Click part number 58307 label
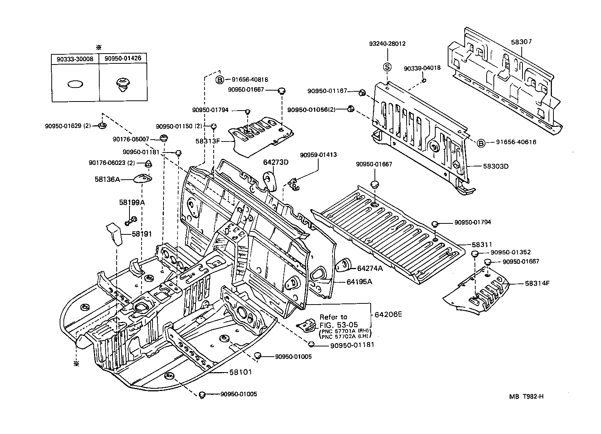(x=521, y=42)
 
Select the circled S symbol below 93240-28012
(x=387, y=67)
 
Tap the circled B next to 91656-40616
(x=481, y=143)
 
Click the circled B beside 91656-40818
(x=220, y=80)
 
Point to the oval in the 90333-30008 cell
(x=75, y=84)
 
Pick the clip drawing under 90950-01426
(x=122, y=85)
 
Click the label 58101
(x=240, y=372)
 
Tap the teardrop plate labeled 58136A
(x=143, y=178)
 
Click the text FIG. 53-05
(x=339, y=325)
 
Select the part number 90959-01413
(x=319, y=155)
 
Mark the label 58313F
(x=208, y=141)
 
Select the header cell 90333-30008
(x=75, y=59)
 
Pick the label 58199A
(x=132, y=202)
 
